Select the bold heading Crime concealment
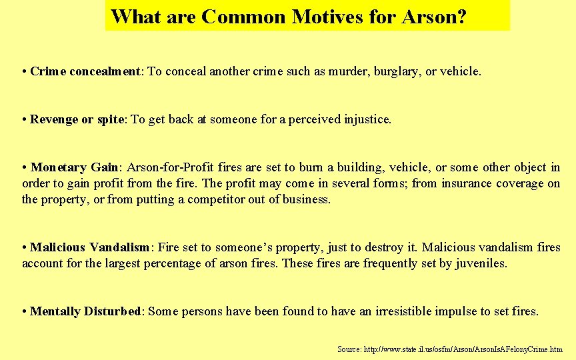click(x=86, y=71)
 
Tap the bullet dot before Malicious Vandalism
click(x=25, y=247)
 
